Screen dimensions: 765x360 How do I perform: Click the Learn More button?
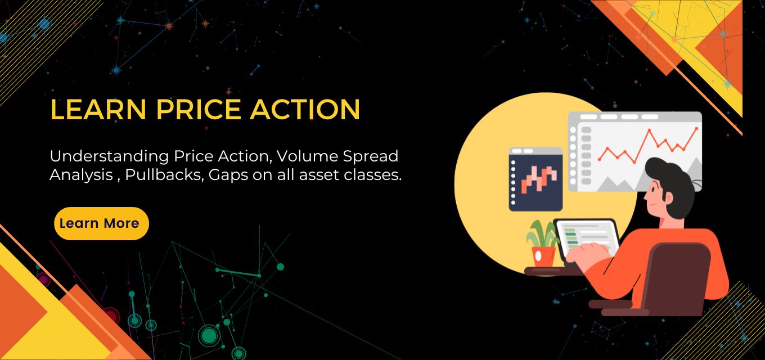(101, 223)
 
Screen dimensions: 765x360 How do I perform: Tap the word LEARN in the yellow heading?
(98, 109)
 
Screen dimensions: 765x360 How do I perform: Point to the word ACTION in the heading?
(305, 109)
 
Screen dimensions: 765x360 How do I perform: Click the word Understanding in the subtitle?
(109, 157)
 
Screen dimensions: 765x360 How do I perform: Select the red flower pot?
(544, 256)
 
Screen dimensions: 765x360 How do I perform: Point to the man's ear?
(668, 198)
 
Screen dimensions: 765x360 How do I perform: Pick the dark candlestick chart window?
(535, 179)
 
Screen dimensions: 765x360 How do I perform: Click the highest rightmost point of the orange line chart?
(697, 128)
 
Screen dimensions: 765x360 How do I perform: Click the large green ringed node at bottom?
(209, 335)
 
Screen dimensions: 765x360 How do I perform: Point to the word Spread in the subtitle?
(370, 157)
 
